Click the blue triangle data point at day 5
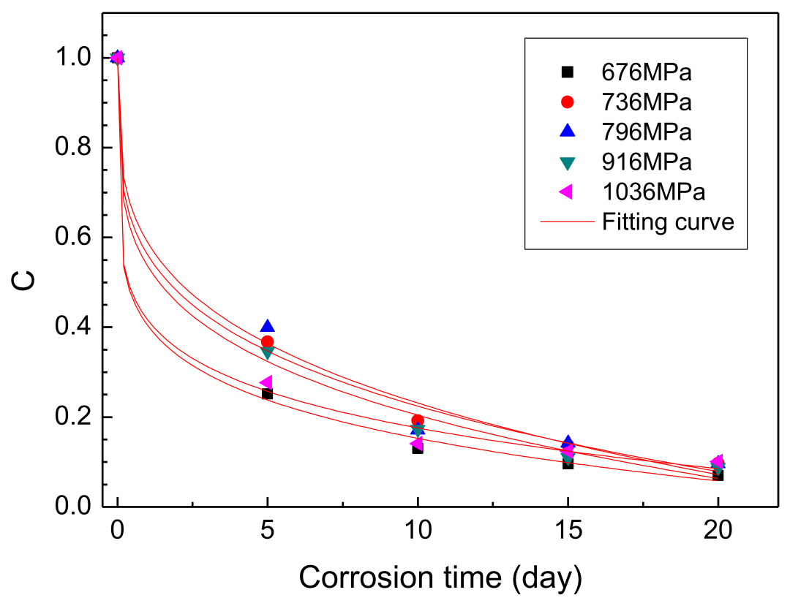267,326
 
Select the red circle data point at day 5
267,342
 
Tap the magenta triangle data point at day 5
266,382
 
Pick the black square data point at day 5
267,394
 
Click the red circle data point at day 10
418,420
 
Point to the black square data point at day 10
418,447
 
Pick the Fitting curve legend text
667,221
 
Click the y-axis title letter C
26,281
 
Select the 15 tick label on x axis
568,532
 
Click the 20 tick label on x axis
718,532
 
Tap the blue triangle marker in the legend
567,132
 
